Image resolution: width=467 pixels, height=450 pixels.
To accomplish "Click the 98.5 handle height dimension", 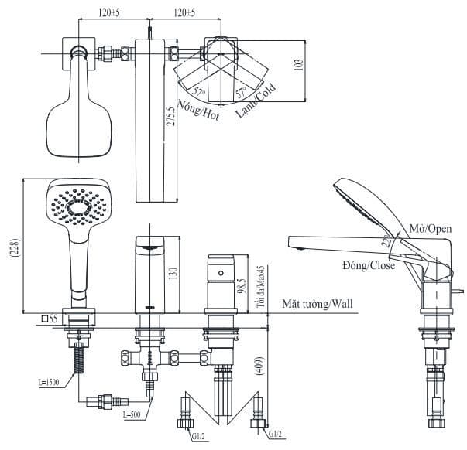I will point(242,288).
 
